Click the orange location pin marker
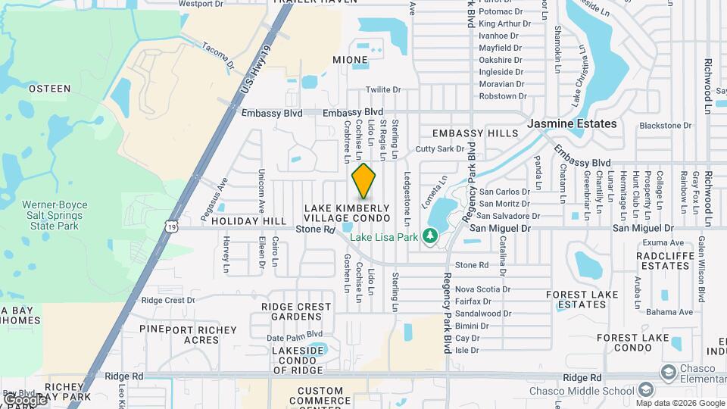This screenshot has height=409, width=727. click(364, 180)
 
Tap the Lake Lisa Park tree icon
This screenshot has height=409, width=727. click(431, 236)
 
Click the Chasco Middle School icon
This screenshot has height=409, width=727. click(646, 390)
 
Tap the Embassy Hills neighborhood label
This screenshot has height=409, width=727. click(475, 133)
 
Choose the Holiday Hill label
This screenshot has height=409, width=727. click(249, 221)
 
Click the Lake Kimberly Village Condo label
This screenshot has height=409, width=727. click(347, 212)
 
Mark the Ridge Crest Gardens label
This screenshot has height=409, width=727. click(296, 311)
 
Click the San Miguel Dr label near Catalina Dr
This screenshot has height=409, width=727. click(501, 227)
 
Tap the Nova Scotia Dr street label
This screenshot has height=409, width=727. click(482, 289)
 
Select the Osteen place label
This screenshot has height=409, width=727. click(50, 89)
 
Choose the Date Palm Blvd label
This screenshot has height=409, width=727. click(295, 334)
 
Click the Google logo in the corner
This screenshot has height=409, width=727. click(24, 399)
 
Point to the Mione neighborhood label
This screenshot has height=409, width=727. click(350, 59)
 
